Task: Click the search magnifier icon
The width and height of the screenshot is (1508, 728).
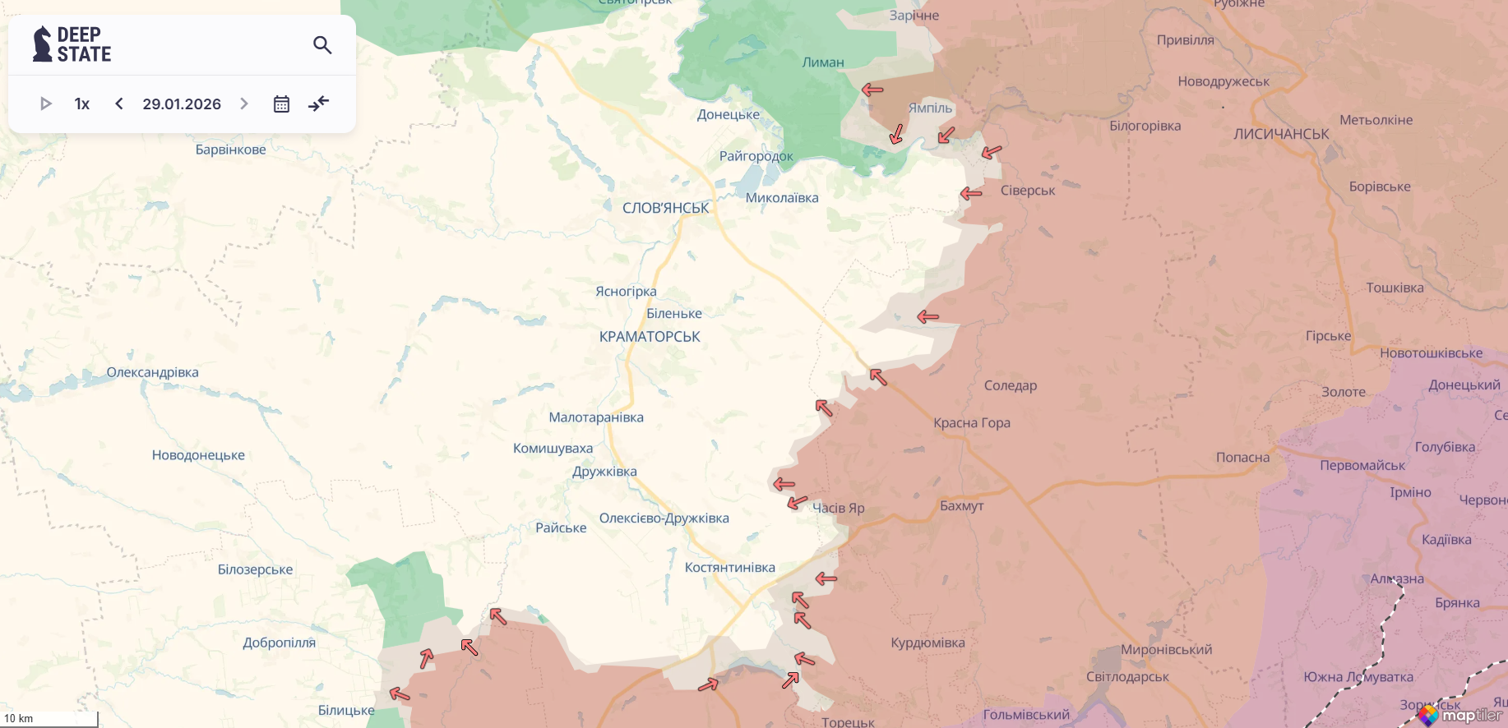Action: [322, 45]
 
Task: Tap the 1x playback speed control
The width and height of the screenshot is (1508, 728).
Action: [82, 104]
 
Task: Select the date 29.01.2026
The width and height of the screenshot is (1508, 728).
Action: [182, 104]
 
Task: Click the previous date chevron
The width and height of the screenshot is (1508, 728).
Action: [119, 104]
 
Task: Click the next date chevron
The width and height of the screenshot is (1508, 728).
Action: [244, 104]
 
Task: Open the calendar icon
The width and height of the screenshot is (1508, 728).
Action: [281, 104]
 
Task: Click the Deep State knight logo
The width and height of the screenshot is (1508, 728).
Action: [42, 44]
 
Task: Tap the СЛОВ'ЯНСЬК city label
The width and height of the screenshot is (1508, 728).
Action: [665, 208]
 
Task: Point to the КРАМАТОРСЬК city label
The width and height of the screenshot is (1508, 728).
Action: [650, 337]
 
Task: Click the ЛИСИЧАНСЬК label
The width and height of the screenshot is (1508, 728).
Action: [1281, 134]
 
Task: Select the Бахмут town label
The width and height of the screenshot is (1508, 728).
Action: [961, 506]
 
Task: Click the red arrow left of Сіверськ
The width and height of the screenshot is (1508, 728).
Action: [971, 194]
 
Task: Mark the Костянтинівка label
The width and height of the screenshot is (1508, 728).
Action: [729, 568]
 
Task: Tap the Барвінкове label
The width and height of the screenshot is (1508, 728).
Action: [230, 150]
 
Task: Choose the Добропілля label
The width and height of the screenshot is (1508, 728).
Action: [279, 643]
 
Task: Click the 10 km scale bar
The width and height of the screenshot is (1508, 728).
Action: [49, 719]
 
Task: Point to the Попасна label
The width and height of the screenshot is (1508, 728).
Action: [1242, 458]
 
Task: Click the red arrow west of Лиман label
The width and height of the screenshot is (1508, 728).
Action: [872, 89]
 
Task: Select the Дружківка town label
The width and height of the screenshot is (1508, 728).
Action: [604, 472]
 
